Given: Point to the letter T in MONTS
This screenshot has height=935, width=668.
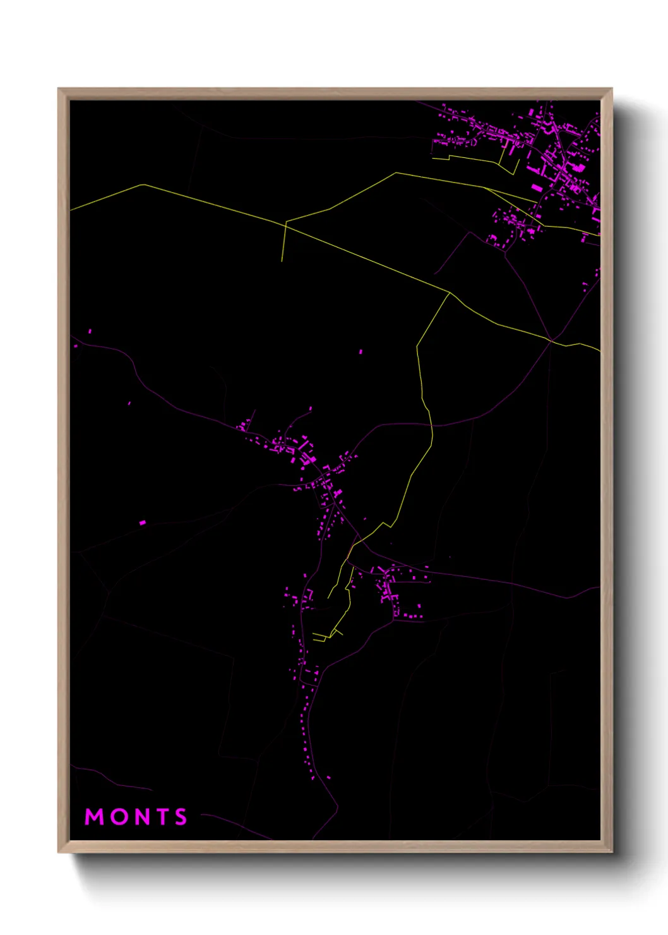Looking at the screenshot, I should (x=162, y=817).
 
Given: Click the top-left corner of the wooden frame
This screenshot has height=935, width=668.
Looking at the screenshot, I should (x=59, y=89).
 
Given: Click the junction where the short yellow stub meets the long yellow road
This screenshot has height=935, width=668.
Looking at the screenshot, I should (x=286, y=222).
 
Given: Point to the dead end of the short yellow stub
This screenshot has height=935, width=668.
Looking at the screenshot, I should (x=282, y=260).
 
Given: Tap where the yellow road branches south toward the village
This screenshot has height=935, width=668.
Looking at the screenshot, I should (x=450, y=293).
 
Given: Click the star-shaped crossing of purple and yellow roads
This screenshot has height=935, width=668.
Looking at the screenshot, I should (x=551, y=340).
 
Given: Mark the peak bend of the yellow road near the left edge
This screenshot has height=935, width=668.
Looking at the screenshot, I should (x=143, y=184).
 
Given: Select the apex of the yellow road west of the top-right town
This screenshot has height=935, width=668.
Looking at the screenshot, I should (x=396, y=172).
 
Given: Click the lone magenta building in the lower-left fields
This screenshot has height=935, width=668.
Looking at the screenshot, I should (x=142, y=522).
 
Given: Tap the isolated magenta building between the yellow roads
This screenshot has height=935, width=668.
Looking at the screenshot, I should (x=361, y=351).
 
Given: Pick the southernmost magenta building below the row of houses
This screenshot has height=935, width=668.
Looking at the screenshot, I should (x=328, y=778).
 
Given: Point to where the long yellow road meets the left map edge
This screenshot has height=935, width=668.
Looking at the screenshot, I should (x=71, y=210).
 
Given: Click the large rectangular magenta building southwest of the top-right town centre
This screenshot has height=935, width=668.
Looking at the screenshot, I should (x=536, y=188).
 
